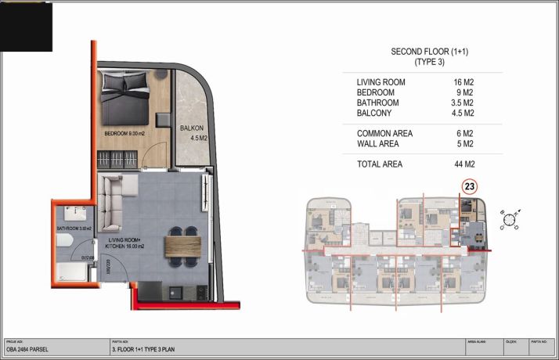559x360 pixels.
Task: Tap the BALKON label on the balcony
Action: tap(192, 128)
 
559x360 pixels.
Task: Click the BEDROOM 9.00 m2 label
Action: tap(130, 134)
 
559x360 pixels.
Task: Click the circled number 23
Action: tap(470, 186)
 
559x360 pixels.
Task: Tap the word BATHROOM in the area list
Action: tap(377, 103)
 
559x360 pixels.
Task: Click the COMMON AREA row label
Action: tap(384, 134)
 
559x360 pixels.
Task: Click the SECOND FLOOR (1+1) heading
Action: tap(424, 52)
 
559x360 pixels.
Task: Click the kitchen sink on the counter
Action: tap(175, 292)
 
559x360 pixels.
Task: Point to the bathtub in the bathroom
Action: tap(72, 272)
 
